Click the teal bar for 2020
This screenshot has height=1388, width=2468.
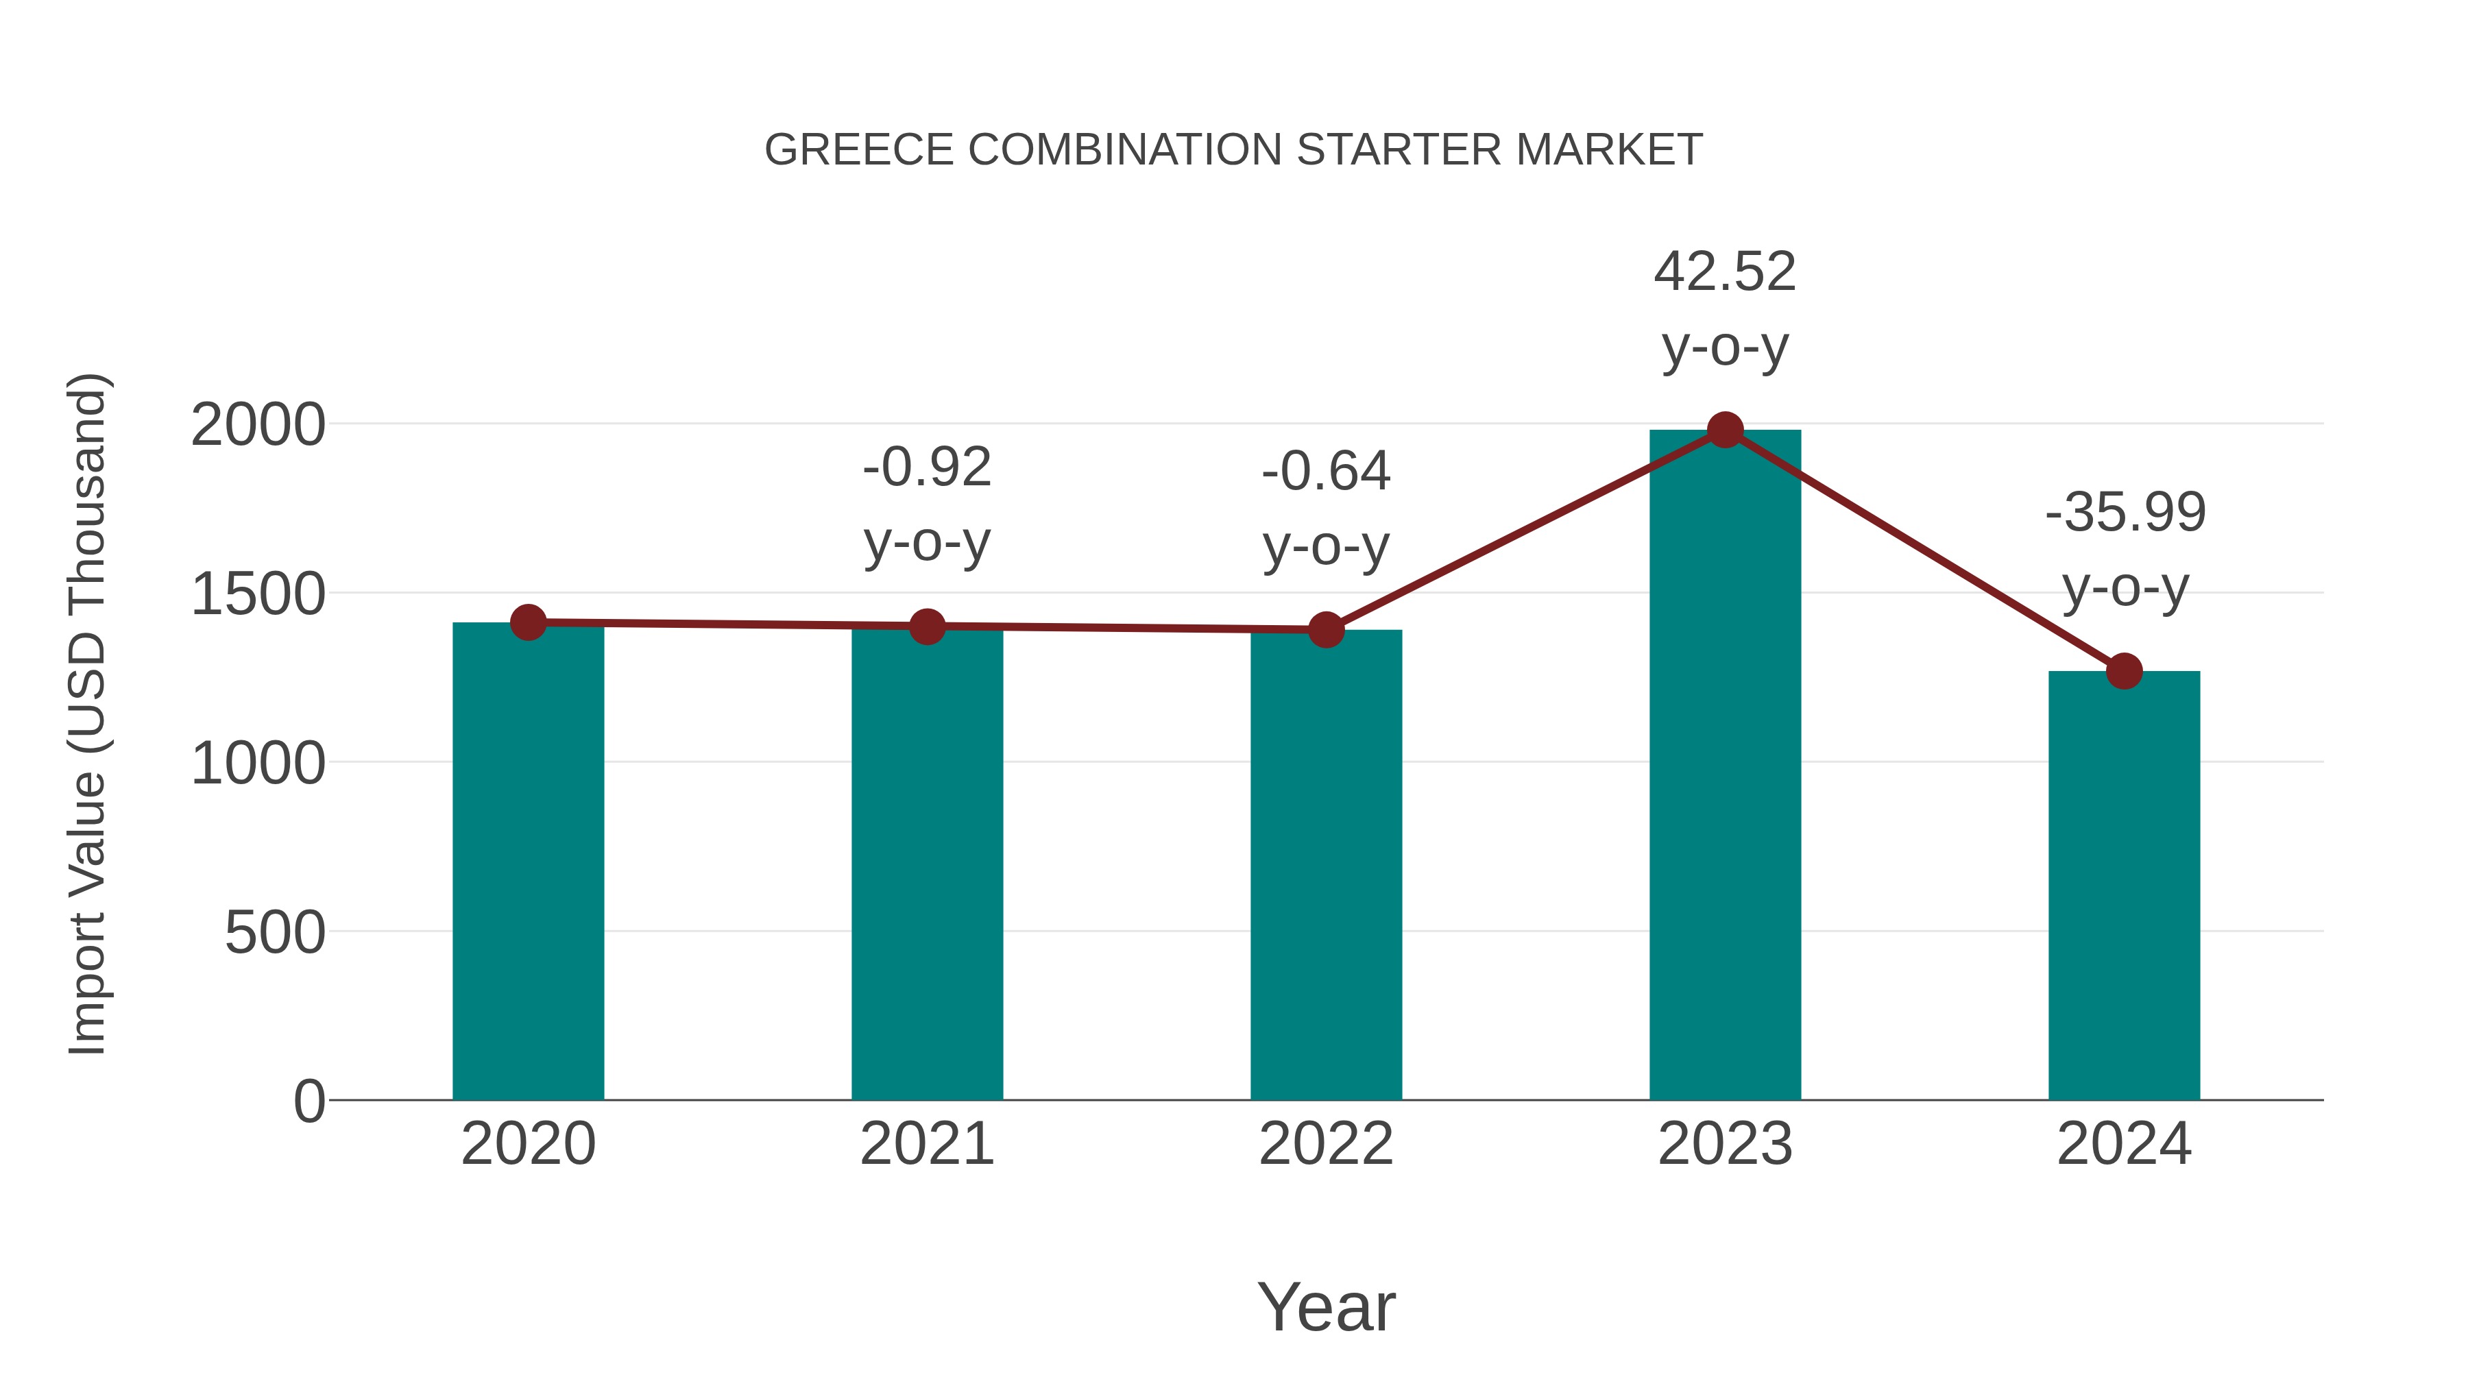pos(528,862)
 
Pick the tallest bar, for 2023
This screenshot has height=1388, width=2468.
pos(1725,766)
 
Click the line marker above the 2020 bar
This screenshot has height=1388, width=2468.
pos(528,622)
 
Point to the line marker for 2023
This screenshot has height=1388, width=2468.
pos(1725,430)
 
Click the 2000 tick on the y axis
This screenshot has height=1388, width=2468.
pos(258,425)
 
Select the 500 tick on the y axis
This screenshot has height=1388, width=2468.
pos(275,933)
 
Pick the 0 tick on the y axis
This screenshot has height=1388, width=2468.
pos(309,1101)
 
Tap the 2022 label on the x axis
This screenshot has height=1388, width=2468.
pos(1326,1145)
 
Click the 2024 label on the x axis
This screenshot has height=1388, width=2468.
pos(2124,1145)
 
